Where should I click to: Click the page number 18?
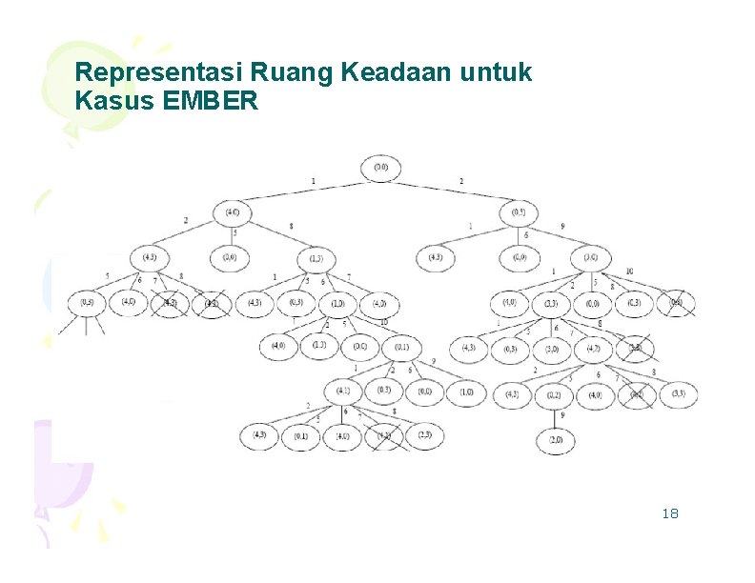(x=669, y=514)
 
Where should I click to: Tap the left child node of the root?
(x=233, y=211)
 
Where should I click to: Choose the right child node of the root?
(x=518, y=211)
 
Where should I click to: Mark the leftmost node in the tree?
(x=87, y=303)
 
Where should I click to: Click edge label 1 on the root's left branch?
(x=313, y=181)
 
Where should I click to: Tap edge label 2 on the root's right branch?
(x=461, y=181)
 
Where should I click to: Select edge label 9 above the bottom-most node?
(x=561, y=415)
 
